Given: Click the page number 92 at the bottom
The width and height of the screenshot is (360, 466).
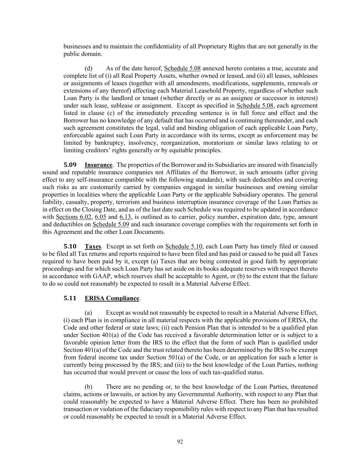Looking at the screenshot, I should click(180, 442).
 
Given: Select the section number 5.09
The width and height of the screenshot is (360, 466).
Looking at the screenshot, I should click(70, 165).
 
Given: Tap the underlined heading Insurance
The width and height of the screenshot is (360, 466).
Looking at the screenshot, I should click(98, 165).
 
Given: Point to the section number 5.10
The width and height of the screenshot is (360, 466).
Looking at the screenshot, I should click(70, 246).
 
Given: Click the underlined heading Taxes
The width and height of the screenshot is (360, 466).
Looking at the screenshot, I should click(93, 246).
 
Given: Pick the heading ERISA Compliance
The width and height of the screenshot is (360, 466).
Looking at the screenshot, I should click(112, 298).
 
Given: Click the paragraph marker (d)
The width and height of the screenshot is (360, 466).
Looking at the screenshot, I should click(88, 68).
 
